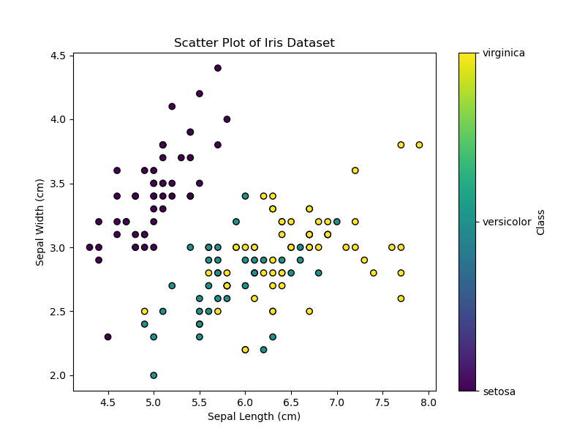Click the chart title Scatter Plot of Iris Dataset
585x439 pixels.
click(254, 43)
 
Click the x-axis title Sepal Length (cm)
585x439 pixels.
click(254, 416)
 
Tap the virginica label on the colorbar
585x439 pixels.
click(503, 53)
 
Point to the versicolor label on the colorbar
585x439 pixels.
click(507, 222)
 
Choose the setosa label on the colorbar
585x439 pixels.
click(499, 391)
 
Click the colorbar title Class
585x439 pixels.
click(541, 222)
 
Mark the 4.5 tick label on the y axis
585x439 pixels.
click(57, 56)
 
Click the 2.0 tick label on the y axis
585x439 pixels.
click(57, 375)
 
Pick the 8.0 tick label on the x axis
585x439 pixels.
click(428, 402)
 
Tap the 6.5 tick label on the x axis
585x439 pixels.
click(291, 402)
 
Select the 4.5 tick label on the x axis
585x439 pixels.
click(107, 402)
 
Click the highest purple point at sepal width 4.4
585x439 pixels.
click(217, 68)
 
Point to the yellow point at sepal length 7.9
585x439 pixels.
click(419, 145)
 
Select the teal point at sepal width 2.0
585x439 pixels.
click(154, 375)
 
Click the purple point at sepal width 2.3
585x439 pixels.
click(107, 337)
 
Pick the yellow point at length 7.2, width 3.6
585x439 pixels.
click(355, 170)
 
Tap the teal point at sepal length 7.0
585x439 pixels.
click(336, 222)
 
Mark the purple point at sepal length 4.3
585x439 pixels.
click(89, 247)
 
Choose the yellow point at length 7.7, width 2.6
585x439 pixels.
click(401, 299)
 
